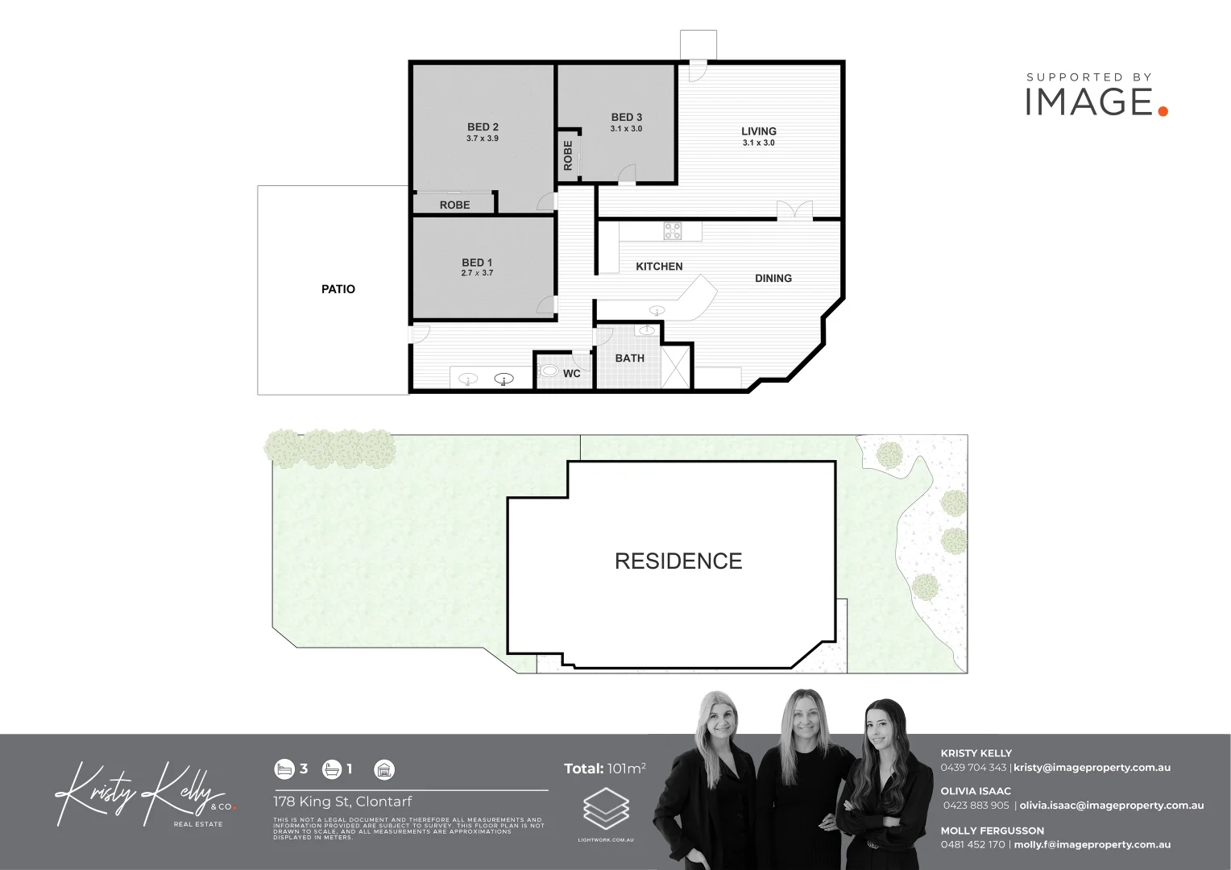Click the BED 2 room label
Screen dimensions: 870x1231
tap(483, 127)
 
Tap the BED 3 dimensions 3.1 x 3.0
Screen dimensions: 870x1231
tap(626, 129)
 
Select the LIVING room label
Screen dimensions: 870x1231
tap(759, 131)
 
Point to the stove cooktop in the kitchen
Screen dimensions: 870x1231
tap(673, 231)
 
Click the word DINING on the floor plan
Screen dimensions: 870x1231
tap(773, 279)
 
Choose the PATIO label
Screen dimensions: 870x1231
tap(338, 289)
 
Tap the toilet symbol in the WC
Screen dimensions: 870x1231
tap(549, 371)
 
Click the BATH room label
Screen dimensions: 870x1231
tap(630, 358)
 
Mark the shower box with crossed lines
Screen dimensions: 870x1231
tap(677, 367)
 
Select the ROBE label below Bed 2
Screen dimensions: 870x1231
tap(454, 205)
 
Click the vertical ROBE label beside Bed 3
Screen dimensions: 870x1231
tap(568, 155)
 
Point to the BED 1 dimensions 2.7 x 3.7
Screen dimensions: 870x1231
tap(477, 273)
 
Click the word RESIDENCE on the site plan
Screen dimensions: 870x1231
tap(678, 561)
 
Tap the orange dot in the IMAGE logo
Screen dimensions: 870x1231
tap(1163, 111)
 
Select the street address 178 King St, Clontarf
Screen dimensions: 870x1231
tap(342, 802)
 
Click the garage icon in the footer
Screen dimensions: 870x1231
tap(385, 769)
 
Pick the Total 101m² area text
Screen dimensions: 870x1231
tap(605, 768)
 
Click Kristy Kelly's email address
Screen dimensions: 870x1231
tap(1092, 768)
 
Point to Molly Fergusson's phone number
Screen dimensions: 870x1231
tap(972, 845)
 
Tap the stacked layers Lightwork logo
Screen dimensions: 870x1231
tap(606, 810)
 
